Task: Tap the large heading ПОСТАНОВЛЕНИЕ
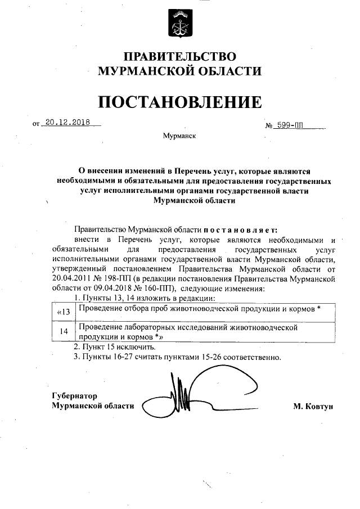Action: pos(180,102)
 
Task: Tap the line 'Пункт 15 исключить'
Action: pos(110,347)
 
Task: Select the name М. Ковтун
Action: pos(313,406)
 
